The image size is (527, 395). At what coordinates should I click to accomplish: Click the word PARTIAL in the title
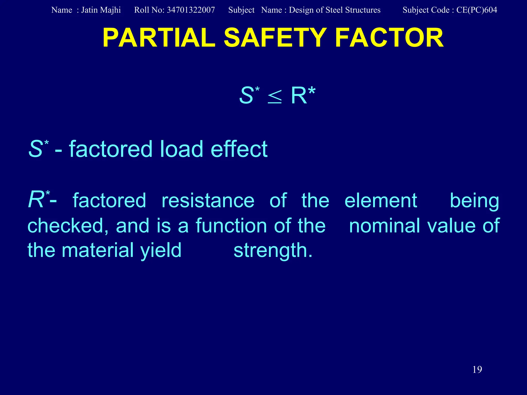pos(159,38)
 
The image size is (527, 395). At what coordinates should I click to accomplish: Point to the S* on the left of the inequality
pos(249,95)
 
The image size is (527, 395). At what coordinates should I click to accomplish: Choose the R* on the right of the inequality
pos(303,95)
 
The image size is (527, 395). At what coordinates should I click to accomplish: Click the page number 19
pos(477,370)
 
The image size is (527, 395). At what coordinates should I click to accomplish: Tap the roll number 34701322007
pos(191,10)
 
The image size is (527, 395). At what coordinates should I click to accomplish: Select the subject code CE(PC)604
pos(477,10)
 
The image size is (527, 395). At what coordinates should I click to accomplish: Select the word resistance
pos(208,201)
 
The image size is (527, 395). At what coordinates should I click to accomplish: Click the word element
pos(381,201)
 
